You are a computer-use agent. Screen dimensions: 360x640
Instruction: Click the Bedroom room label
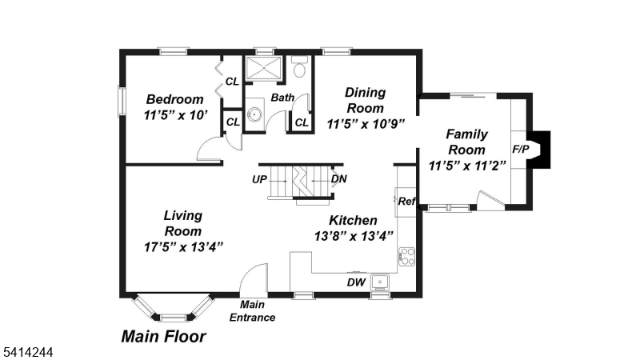174,100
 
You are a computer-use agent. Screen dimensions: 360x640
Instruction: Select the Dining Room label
365,100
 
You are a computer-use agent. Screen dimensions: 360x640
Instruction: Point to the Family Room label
466,142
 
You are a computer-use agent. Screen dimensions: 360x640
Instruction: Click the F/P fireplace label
519,150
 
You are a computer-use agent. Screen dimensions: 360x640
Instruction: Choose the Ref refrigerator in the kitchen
406,202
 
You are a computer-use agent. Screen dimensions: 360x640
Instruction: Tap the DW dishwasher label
355,282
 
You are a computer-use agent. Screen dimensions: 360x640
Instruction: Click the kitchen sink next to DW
378,282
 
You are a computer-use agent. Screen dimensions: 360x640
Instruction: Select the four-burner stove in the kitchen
406,257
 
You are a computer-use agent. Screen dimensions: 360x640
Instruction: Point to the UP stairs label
259,179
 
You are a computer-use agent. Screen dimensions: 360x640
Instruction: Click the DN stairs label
339,179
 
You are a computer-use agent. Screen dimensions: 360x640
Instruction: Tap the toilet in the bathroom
300,68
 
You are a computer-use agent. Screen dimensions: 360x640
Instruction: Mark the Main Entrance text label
252,311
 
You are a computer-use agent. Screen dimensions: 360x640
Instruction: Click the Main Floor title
163,337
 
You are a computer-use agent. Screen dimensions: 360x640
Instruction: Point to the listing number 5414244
27,350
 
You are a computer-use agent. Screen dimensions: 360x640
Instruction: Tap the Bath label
282,98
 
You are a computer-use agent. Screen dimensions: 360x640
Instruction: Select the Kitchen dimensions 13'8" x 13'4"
354,236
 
